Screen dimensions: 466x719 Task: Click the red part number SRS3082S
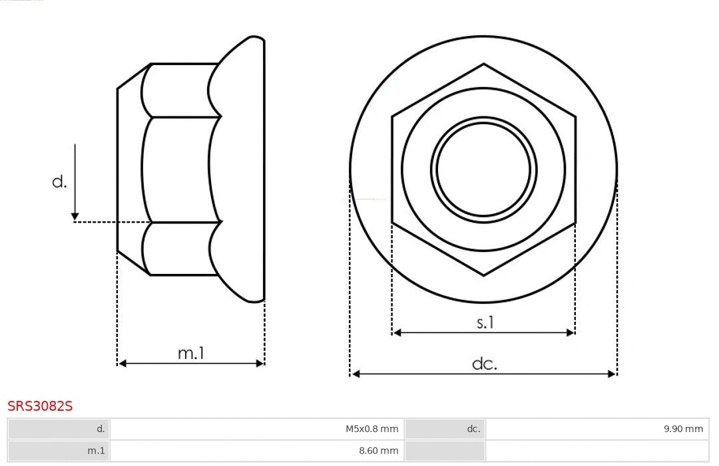coord(40,406)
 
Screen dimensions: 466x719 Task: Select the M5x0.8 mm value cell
coord(371,429)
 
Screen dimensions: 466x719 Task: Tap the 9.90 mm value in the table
coord(683,429)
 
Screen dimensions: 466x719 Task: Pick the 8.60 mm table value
coord(378,451)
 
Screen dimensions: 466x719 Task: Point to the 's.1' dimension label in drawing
coord(485,322)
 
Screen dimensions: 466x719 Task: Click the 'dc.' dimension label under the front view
coord(484,364)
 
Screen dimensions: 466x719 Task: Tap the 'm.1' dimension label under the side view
coord(190,354)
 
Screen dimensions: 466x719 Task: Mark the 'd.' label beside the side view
coord(59,181)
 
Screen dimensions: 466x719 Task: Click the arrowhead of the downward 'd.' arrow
coord(75,216)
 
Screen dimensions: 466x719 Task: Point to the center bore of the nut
coord(483,169)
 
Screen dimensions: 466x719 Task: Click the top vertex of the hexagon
coord(483,64)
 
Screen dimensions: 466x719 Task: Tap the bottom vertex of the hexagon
coord(483,275)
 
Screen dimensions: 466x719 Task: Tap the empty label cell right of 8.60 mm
coord(445,451)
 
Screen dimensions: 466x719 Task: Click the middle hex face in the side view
coord(180,170)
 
